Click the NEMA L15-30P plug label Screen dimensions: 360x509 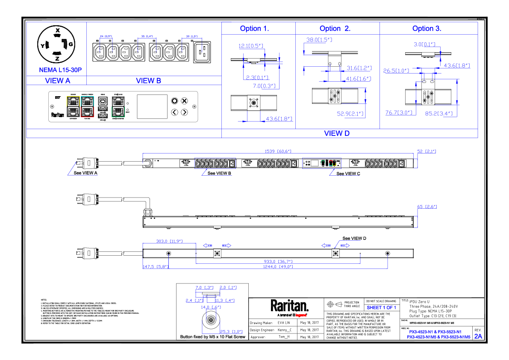[x=57, y=70]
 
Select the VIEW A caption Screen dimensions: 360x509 [x=57, y=80]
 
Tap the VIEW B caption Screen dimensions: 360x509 [x=148, y=80]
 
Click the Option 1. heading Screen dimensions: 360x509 [x=255, y=29]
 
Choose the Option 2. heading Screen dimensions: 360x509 [x=335, y=29]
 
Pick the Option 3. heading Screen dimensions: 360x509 [x=427, y=29]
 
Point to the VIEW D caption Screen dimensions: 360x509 [x=337, y=133]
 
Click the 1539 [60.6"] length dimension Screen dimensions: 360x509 [x=278, y=151]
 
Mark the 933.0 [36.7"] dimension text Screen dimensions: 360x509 [x=278, y=261]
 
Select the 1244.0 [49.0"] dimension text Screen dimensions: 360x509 [x=278, y=266]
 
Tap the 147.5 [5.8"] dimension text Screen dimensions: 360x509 [x=155, y=266]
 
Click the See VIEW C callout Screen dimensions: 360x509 [x=348, y=174]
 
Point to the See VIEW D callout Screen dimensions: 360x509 [x=354, y=238]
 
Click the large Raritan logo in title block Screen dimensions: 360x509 [x=289, y=306]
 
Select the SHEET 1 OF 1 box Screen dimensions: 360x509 [x=381, y=307]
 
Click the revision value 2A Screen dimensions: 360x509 [x=478, y=336]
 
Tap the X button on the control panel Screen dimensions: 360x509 [x=184, y=101]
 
